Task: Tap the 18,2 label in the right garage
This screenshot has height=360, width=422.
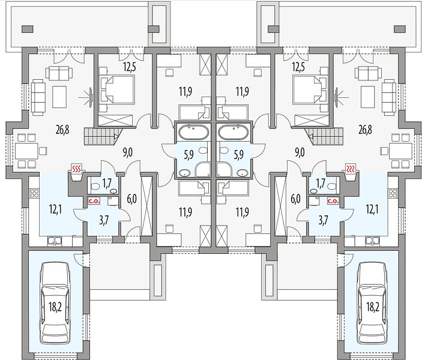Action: point(373,307)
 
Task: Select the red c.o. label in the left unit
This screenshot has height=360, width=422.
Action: point(94,201)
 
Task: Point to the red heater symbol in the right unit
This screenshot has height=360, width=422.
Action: point(351,169)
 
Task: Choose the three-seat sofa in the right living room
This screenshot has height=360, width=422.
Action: point(388,97)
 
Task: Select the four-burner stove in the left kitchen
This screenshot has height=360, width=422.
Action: point(34,194)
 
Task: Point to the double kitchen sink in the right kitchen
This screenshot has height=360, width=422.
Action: point(372,241)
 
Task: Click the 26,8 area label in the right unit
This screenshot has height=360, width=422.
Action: point(365,130)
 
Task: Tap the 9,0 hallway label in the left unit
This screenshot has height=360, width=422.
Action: point(128,152)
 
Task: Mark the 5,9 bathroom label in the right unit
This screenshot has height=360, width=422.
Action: point(238,155)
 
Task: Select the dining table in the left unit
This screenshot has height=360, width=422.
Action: point(26,151)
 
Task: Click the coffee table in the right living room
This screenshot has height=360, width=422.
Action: point(367,97)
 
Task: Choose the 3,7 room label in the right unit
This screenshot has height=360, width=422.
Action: point(323,220)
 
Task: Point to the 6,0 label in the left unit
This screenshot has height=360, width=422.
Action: point(131,199)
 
